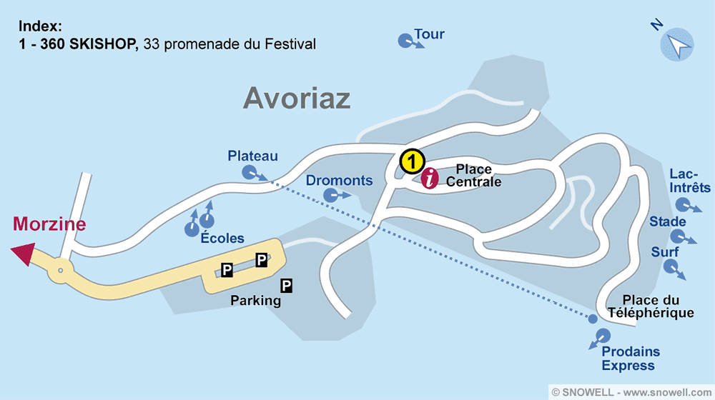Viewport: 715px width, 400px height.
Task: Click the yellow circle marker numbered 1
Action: pos(411,161)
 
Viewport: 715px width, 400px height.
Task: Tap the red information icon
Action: pos(429,179)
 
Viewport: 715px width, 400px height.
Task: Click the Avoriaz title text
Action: pos(297,98)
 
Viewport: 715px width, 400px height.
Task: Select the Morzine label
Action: pos(49,224)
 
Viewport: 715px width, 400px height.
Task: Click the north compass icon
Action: pos(676,44)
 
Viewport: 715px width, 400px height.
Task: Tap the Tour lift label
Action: pos(429,34)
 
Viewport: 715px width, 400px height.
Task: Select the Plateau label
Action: pos(252,156)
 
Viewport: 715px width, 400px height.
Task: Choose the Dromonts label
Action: pos(339,180)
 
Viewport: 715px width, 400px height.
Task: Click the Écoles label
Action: pos(222,239)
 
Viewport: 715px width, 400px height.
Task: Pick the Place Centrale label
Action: pos(473,176)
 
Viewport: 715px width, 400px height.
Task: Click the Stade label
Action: pos(667,221)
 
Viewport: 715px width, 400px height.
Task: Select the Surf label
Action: pos(665,252)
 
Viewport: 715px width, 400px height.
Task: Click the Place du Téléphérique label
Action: pos(650,306)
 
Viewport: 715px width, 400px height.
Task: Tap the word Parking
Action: pos(255,301)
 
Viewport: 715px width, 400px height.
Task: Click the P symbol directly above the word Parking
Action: pos(287,286)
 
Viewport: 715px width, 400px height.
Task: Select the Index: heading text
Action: pos(41,27)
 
